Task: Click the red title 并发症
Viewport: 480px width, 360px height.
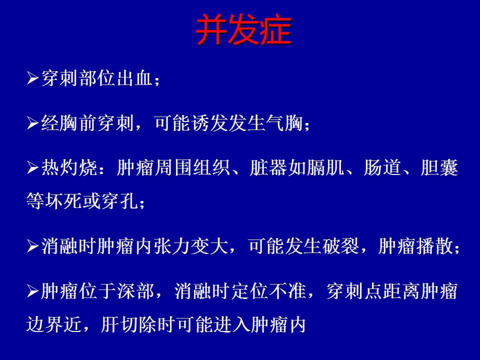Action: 243,29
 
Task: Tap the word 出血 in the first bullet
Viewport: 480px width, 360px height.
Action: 134,78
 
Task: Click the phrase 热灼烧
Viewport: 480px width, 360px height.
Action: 69,168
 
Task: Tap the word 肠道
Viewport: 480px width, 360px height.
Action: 382,168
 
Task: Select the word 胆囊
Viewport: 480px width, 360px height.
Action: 439,168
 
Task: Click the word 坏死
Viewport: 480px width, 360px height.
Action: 63,201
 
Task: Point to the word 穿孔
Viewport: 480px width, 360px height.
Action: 120,201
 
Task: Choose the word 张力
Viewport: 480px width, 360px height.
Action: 172,246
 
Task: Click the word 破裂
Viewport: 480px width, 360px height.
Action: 340,246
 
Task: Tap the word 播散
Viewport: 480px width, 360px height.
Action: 435,246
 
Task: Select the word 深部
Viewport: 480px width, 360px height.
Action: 135,291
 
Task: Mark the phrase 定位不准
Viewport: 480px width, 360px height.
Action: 268,291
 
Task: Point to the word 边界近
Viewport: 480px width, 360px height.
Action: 54,324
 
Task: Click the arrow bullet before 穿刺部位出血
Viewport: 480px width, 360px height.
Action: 32,78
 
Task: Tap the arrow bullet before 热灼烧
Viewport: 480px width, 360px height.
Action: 32,168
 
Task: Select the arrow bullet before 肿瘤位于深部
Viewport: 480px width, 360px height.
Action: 32,291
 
